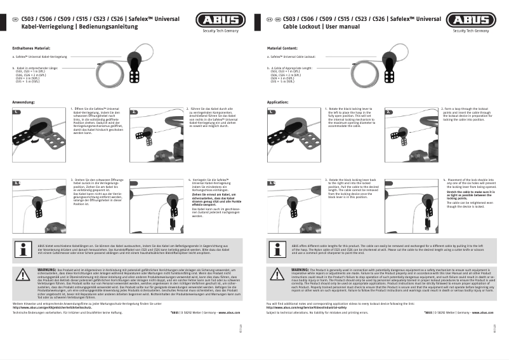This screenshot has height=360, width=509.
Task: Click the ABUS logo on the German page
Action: (x=218, y=20)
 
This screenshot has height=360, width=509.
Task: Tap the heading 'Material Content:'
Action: (x=282, y=48)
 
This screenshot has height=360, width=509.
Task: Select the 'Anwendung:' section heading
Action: (x=23, y=102)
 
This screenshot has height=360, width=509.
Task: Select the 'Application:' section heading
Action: (x=278, y=102)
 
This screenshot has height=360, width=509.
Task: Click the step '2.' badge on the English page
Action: (x=388, y=112)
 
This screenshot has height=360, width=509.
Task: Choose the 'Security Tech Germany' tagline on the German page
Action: (x=218, y=30)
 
